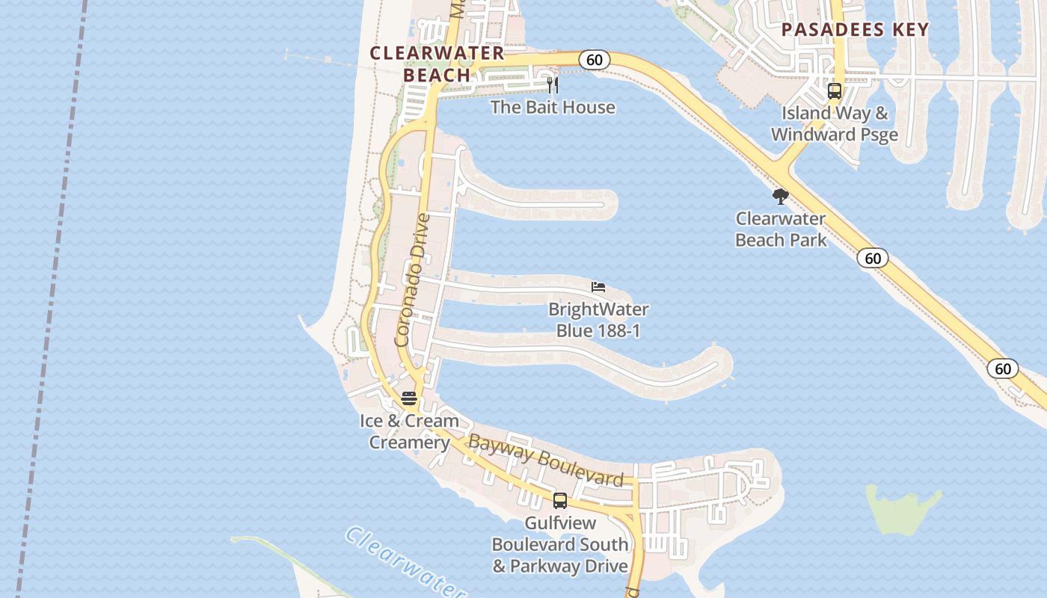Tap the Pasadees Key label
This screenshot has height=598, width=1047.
tap(855, 30)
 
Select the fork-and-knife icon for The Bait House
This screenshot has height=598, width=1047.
tap(553, 84)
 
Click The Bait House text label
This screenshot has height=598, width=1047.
tap(553, 107)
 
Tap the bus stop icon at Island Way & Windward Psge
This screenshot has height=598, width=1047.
tap(835, 92)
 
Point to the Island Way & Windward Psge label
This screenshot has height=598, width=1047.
tap(835, 124)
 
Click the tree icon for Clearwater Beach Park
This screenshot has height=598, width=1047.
tap(781, 197)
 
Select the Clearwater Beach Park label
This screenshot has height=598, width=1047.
tap(781, 229)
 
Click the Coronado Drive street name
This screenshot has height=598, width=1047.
tap(412, 280)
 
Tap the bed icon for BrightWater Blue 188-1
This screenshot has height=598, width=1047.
tap(598, 287)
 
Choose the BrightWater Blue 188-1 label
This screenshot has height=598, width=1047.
tap(598, 319)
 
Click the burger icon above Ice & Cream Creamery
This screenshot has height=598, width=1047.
tap(408, 398)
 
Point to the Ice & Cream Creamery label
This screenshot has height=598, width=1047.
tap(409, 431)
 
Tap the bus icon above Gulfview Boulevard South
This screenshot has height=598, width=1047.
tap(560, 501)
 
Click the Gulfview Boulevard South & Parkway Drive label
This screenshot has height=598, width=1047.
tap(559, 544)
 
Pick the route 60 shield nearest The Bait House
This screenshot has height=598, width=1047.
tap(594, 60)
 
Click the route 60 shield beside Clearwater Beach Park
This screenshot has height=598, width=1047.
tap(872, 258)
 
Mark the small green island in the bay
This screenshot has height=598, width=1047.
tap(900, 508)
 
